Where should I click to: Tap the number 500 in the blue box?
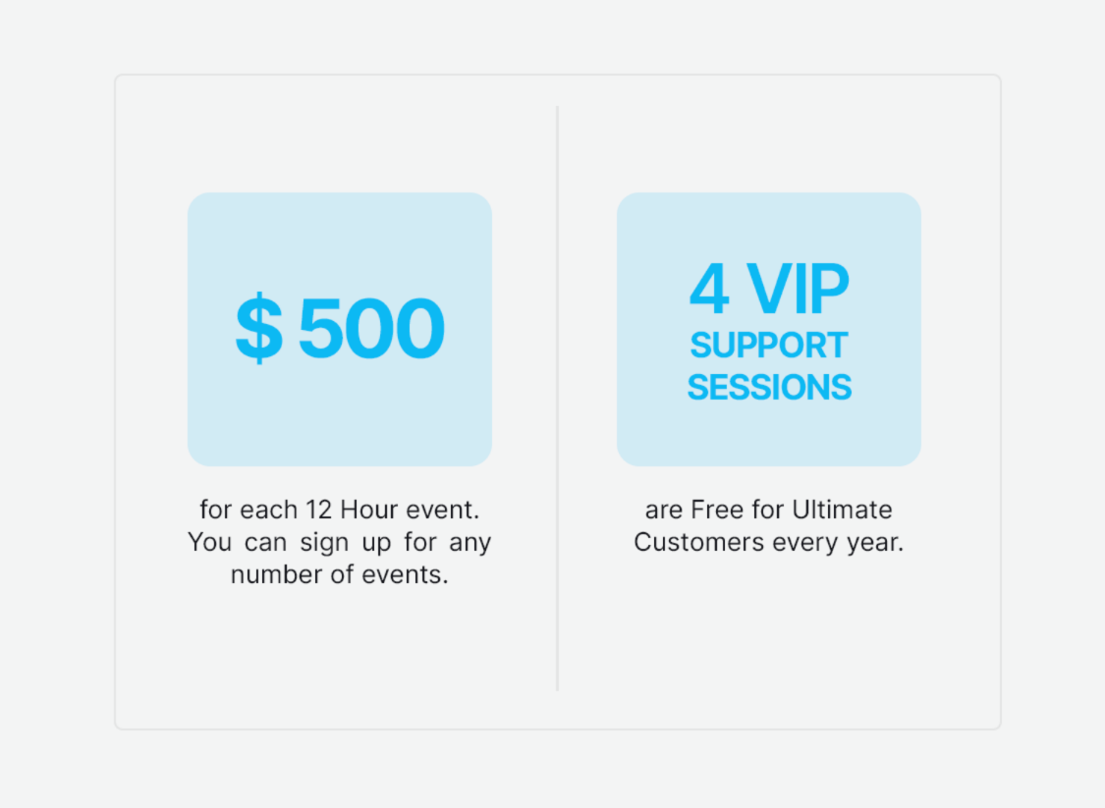click(x=371, y=329)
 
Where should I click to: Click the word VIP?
click(x=798, y=290)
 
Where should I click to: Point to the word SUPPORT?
click(x=768, y=346)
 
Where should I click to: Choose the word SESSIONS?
click(x=769, y=388)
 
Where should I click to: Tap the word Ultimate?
click(x=842, y=511)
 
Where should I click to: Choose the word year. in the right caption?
click(x=874, y=543)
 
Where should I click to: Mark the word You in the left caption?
click(x=208, y=543)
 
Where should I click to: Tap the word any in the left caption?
click(x=470, y=543)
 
